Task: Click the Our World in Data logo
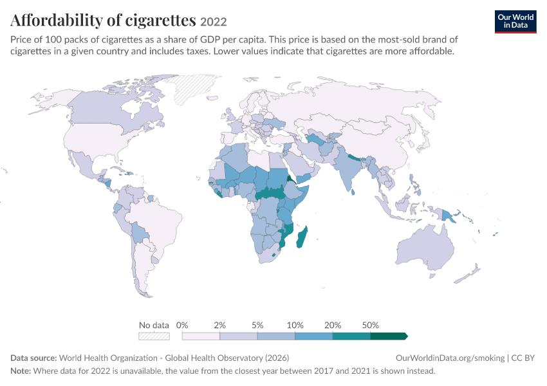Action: point(515,22)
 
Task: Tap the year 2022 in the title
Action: point(214,22)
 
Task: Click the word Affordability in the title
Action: point(57,20)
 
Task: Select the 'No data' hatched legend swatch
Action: point(154,336)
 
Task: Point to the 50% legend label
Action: point(370,326)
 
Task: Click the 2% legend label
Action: point(220,326)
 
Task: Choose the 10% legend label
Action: point(295,326)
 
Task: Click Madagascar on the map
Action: point(302,237)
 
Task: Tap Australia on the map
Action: point(425,247)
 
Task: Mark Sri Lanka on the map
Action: point(353,192)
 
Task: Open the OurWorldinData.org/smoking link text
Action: point(450,358)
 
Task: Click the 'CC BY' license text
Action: point(523,358)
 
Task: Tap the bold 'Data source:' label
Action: point(33,358)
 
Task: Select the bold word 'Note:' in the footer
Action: point(21,371)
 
